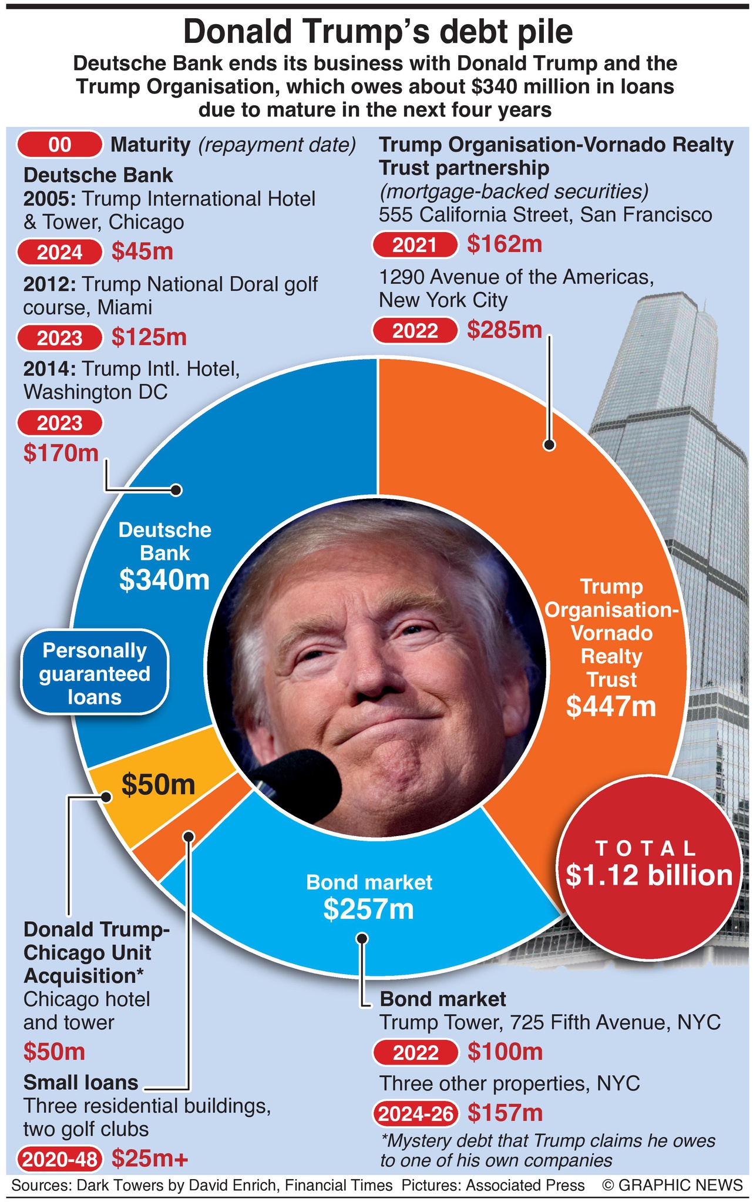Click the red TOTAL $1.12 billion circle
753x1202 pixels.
pyautogui.click(x=648, y=867)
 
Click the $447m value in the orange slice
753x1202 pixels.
pyautogui.click(x=611, y=706)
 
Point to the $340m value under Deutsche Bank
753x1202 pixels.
pyautogui.click(x=164, y=580)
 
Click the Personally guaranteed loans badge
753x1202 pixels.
pyautogui.click(x=95, y=673)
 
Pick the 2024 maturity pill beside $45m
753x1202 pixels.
pyautogui.click(x=60, y=252)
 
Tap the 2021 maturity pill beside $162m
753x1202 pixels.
pyautogui.click(x=415, y=244)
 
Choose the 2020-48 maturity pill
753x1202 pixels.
pyautogui.click(x=60, y=1159)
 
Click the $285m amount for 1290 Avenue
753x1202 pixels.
pyautogui.click(x=505, y=330)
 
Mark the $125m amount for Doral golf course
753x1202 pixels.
pyautogui.click(x=149, y=337)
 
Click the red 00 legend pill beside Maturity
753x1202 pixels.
pyautogui.click(x=60, y=145)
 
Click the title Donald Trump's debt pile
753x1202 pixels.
pyautogui.click(x=377, y=32)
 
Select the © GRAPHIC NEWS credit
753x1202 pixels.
pyautogui.click(x=672, y=1185)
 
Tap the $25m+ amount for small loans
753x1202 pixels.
pyautogui.click(x=150, y=1158)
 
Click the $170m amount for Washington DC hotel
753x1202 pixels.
pyautogui.click(x=61, y=453)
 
